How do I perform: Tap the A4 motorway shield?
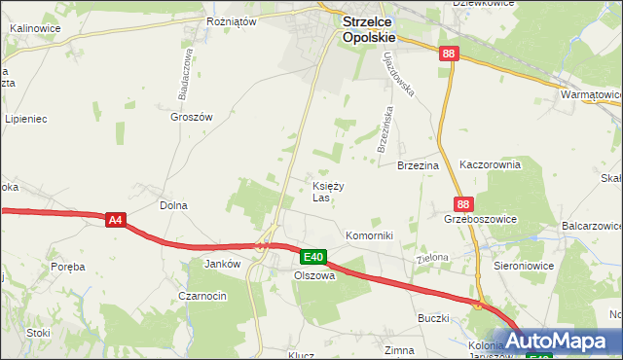[115, 221]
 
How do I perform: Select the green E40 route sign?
[312, 257]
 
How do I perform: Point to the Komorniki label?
[369, 236]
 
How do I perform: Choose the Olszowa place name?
[314, 275]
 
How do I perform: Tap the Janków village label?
[222, 264]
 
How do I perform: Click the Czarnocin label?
[202, 295]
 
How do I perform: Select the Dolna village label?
[173, 205]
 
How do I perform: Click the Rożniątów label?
[231, 20]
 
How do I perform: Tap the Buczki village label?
[433, 318]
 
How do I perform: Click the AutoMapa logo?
[558, 342]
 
